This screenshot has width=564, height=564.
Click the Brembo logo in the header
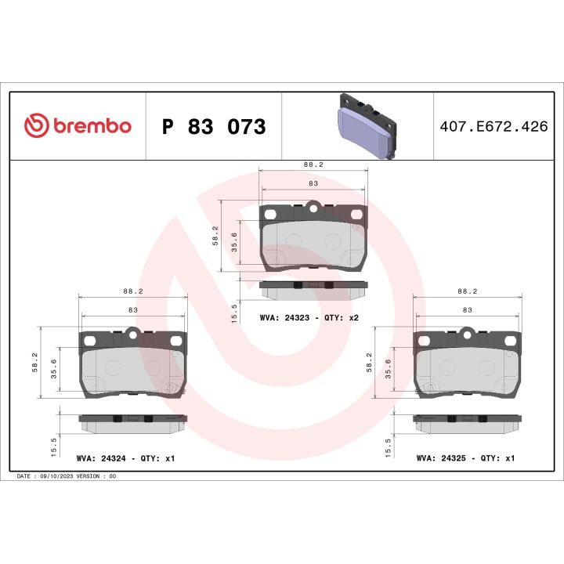point(78,125)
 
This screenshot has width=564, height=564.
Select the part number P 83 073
point(213,127)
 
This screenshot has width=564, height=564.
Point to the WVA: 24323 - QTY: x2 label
point(309,319)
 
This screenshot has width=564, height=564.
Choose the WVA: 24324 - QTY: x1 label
point(125,457)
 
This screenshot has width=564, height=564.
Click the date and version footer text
point(67,476)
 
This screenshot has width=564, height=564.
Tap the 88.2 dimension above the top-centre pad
point(313,165)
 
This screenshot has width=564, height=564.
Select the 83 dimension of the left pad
point(133,310)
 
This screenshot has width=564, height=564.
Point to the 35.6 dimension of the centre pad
point(233,241)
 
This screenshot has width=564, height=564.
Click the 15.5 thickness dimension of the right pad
point(389,446)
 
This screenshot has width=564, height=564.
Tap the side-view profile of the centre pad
point(313,287)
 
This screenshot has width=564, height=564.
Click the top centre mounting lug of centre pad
point(313,208)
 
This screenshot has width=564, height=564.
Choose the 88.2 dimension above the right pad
point(468,291)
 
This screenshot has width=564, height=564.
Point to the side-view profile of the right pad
point(467,421)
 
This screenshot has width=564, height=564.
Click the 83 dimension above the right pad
point(468,310)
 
